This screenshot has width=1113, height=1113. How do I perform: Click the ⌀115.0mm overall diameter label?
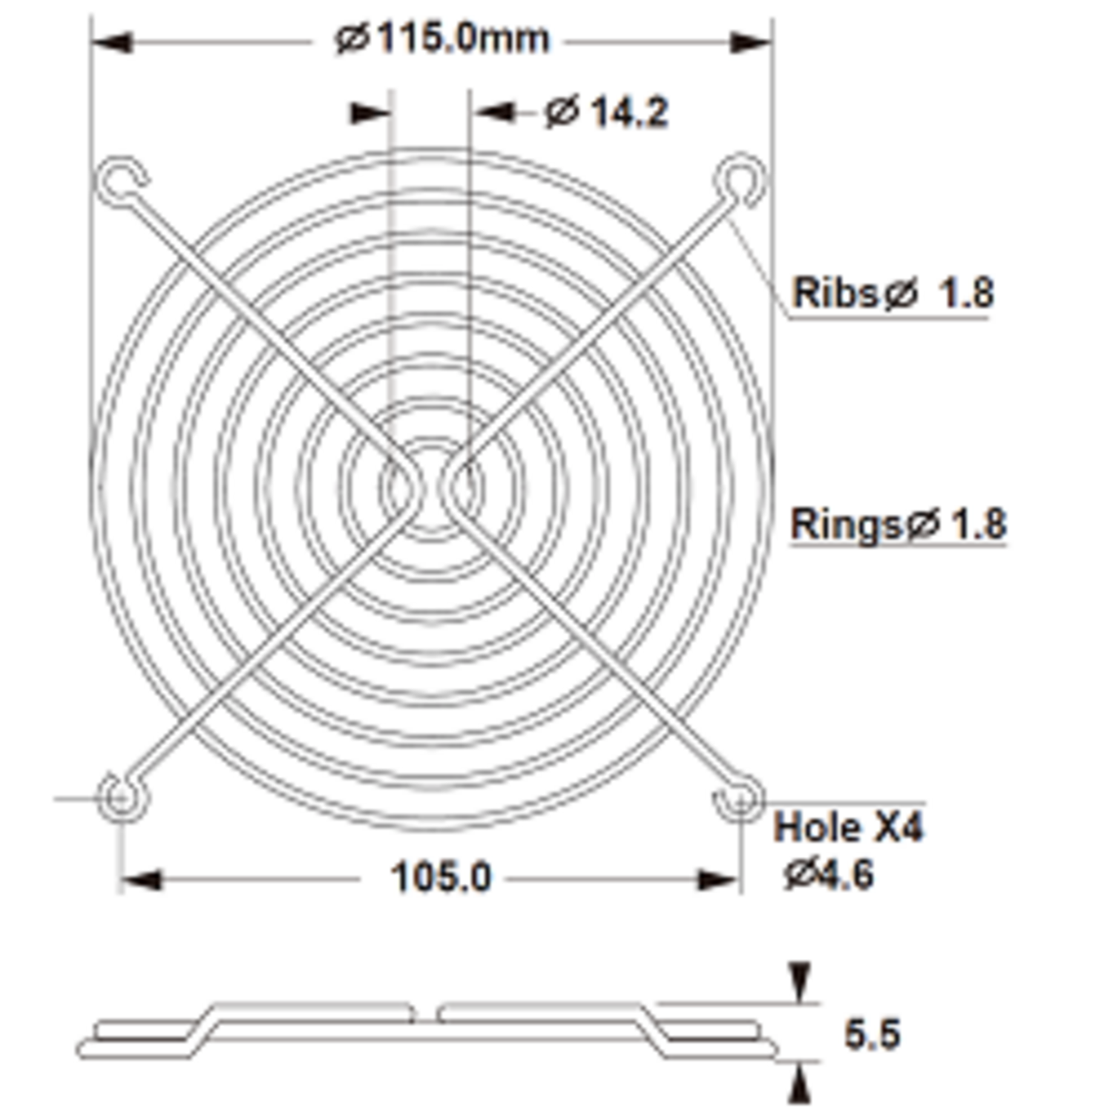pos(442,39)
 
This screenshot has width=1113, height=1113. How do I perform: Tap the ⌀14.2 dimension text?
pos(607,113)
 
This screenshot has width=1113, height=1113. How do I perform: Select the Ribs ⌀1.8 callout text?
pos(893,292)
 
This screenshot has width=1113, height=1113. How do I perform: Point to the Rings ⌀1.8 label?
pos(898,524)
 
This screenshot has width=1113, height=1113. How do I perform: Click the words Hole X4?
pos(848,827)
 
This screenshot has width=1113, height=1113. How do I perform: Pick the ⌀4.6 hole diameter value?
pos(830,874)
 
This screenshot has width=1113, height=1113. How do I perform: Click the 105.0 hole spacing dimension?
pos(441,878)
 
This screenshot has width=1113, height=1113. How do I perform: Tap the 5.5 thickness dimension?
pos(872,1034)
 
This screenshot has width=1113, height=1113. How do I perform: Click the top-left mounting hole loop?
pos(119,179)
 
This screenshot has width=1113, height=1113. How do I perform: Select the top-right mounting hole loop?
pos(740,179)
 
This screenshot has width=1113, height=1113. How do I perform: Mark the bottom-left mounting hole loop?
pos(119,798)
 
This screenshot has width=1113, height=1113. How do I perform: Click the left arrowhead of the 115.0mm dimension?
pos(111,42)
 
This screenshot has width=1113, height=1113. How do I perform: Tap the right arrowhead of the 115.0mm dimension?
pos(751,42)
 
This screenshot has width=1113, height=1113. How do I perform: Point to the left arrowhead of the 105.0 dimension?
pos(141,881)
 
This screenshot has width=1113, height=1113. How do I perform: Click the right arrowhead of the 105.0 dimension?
pos(718,881)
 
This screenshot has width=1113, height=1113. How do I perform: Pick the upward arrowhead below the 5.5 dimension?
pos(799,1085)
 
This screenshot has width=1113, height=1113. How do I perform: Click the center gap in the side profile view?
pos(426,1014)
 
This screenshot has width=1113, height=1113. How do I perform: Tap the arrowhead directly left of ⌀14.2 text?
pos(496,113)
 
